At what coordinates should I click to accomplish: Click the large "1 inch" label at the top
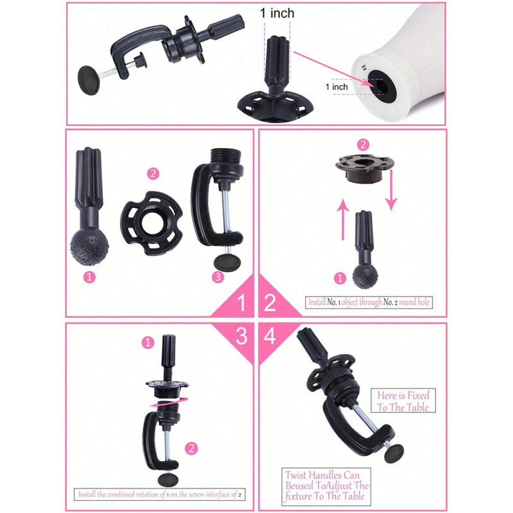[x=277, y=13]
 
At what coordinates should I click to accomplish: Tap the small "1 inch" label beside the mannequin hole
[x=337, y=87]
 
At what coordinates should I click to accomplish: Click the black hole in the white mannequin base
[x=382, y=85]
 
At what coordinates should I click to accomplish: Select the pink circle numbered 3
[x=218, y=277]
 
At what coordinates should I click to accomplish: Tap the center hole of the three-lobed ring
[x=152, y=223]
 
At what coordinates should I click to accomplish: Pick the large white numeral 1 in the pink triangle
[x=241, y=303]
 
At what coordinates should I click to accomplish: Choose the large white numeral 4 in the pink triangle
[x=269, y=336]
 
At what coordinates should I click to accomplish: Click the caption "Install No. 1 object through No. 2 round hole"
[x=369, y=302]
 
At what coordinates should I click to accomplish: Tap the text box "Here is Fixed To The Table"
[x=403, y=401]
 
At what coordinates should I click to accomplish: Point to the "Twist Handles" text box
[x=326, y=486]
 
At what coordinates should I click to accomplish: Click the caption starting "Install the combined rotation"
[x=160, y=494]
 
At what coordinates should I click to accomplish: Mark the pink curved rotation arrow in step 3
[x=169, y=402]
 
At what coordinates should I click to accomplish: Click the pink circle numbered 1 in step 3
[x=148, y=342]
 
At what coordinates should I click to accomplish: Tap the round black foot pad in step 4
[x=394, y=454]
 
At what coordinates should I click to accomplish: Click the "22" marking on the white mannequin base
[x=364, y=69]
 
